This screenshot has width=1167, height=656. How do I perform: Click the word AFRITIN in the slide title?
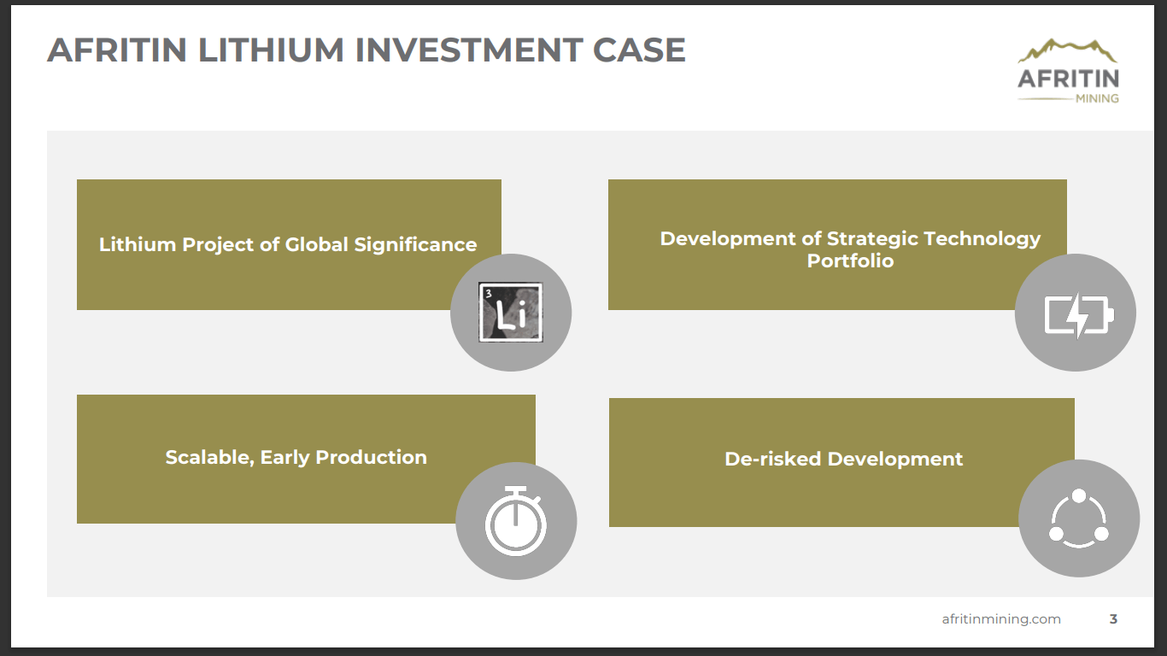point(117,50)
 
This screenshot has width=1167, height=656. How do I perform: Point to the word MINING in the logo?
point(1097,98)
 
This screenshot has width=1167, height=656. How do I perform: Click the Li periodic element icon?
point(511,313)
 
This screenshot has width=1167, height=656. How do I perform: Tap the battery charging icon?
point(1076,313)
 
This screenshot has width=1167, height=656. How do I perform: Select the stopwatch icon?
point(516,520)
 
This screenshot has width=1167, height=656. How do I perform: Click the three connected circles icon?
point(1078,518)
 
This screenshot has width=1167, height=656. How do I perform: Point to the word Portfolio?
point(850,261)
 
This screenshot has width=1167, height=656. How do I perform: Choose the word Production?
point(371,458)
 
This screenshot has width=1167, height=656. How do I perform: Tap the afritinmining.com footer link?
point(1001,619)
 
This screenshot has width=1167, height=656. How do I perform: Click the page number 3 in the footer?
point(1113,619)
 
